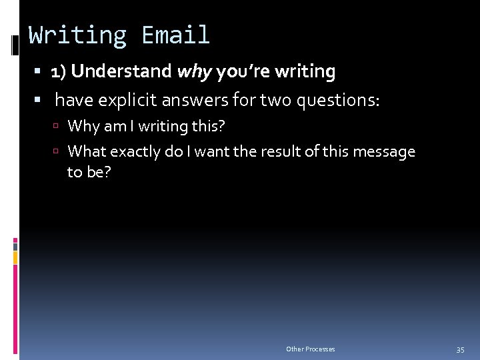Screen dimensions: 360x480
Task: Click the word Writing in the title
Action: (x=78, y=35)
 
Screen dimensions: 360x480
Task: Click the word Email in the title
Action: (x=175, y=35)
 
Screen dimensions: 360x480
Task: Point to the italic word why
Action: (x=193, y=71)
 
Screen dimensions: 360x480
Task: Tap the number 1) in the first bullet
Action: (x=59, y=71)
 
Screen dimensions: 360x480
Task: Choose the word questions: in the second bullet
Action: (x=337, y=101)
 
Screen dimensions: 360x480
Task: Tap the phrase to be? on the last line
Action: (x=89, y=172)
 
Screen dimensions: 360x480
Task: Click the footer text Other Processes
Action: (x=311, y=349)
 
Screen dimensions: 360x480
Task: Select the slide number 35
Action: (x=460, y=350)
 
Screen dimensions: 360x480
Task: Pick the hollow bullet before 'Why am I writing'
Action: (x=59, y=126)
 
